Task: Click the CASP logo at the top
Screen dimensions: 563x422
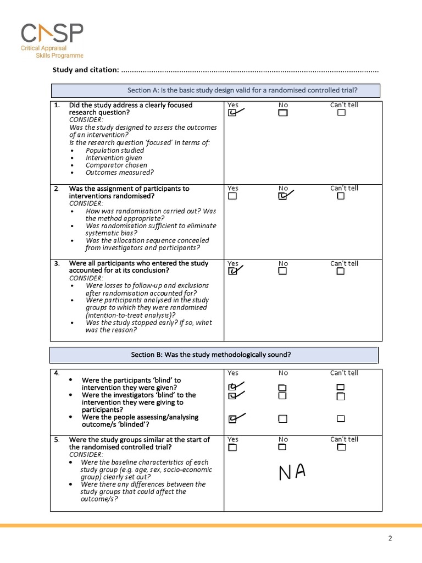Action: (52, 40)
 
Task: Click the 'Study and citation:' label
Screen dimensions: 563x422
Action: (85, 70)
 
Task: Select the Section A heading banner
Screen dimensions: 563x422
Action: (215, 90)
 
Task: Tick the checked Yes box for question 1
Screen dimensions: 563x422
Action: (232, 113)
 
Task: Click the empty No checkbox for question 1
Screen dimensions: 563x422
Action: (282, 113)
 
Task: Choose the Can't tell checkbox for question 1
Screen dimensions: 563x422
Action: (341, 113)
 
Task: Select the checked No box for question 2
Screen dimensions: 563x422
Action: (282, 196)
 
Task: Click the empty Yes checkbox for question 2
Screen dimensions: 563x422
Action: (232, 196)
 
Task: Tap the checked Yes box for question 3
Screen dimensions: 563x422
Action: (232, 271)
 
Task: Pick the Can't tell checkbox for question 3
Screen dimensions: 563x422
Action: (341, 271)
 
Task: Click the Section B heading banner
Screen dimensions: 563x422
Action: (214, 355)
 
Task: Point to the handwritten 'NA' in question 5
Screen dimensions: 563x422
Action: (291, 472)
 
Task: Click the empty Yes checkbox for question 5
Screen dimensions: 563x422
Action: (232, 447)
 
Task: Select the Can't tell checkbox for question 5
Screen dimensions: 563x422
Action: (341, 447)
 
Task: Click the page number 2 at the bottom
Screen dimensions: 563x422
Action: (390, 538)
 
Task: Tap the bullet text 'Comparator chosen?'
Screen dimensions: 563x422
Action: (116, 165)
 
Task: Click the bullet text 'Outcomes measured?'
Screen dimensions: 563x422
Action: (119, 172)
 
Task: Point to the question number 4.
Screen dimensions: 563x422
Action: (57, 373)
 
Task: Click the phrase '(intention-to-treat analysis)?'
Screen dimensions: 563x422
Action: (130, 315)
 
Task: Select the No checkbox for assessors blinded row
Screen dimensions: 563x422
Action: (282, 419)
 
